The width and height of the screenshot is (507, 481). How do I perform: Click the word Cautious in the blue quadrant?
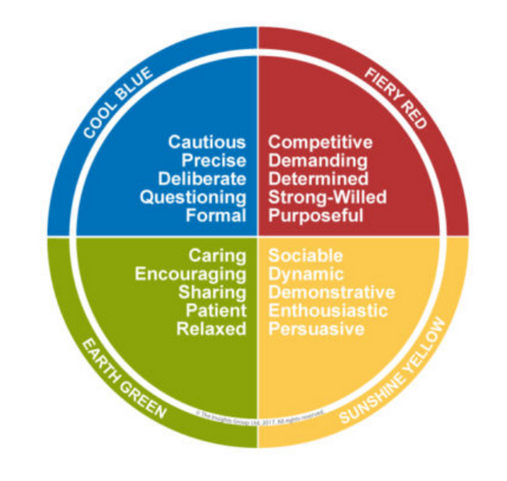[x=207, y=142]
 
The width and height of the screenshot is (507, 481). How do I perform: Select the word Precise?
[x=213, y=160]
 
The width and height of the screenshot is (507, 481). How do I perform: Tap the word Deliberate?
[x=202, y=179]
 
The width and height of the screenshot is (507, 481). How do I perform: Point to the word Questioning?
[x=193, y=197]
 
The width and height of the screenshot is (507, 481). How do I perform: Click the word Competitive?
[x=321, y=142]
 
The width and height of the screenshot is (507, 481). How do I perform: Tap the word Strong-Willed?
[x=327, y=197]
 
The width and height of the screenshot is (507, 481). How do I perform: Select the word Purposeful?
[x=316, y=215]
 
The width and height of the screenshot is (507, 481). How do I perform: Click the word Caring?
[x=217, y=256]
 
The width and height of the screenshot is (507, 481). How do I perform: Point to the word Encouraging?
[x=190, y=274]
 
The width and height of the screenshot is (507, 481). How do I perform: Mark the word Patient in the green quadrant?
[x=216, y=311]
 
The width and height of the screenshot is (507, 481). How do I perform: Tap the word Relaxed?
[x=213, y=329]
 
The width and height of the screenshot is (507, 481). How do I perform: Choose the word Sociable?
[x=306, y=256]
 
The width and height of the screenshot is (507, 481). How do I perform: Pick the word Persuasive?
[x=316, y=329]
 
